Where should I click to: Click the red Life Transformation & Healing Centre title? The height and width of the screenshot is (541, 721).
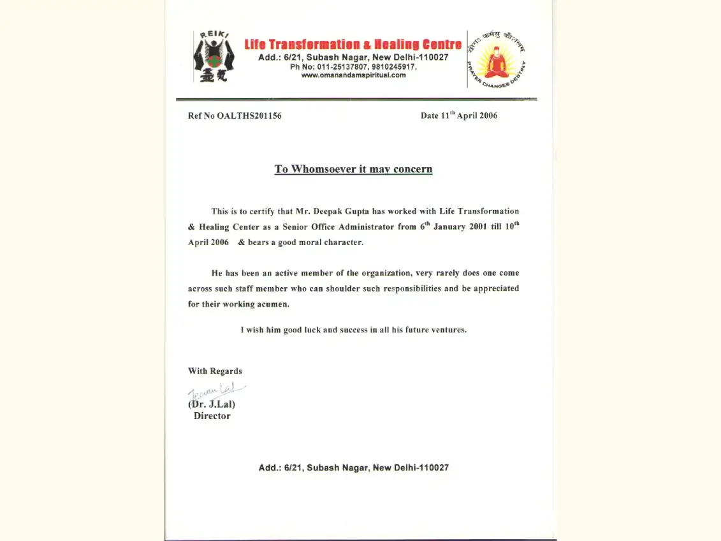click(353, 45)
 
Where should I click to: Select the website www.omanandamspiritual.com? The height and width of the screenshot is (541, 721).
click(353, 75)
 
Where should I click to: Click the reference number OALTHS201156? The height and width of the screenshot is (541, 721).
click(249, 116)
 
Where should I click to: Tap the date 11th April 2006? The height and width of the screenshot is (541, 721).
click(459, 115)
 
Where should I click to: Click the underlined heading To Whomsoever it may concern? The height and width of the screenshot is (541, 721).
click(353, 169)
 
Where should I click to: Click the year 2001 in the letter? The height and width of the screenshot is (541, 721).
click(477, 227)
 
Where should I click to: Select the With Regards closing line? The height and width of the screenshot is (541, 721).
click(215, 371)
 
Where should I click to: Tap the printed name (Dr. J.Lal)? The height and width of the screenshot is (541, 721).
click(212, 404)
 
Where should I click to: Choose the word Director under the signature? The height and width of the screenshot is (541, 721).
click(212, 416)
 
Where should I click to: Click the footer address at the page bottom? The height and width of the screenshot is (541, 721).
click(353, 468)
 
